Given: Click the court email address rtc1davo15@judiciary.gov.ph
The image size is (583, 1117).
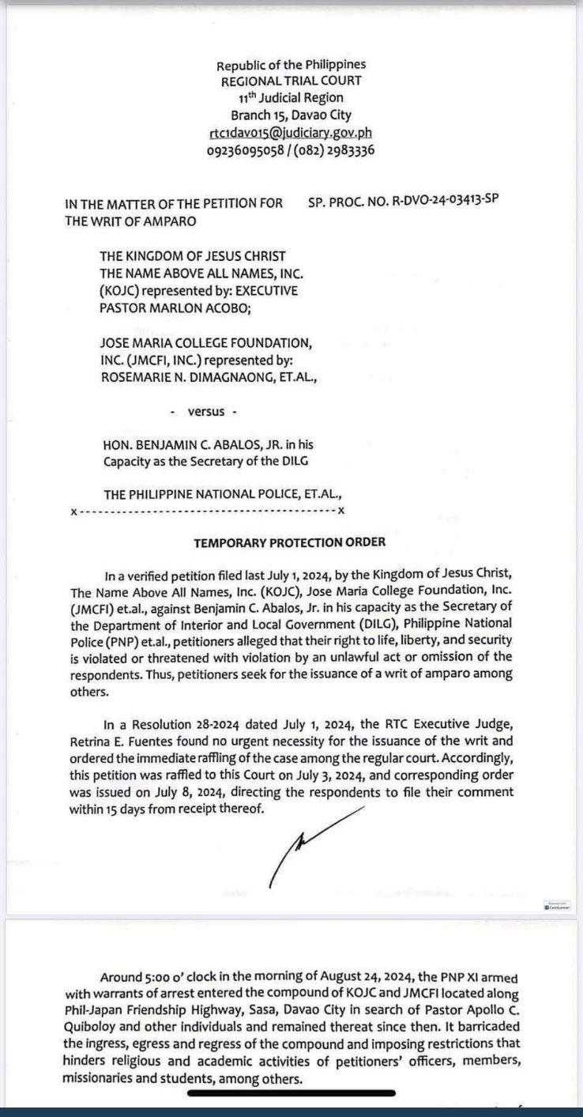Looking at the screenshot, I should [x=291, y=132].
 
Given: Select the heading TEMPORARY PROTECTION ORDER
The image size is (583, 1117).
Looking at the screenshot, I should [x=290, y=542].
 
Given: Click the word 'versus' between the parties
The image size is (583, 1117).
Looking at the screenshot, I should [x=206, y=412].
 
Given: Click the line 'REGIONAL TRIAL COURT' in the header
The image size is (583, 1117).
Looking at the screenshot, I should [x=291, y=81].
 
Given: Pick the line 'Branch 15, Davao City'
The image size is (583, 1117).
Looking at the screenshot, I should [x=291, y=115].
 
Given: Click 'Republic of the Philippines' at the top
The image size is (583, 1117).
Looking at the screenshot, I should [x=291, y=65].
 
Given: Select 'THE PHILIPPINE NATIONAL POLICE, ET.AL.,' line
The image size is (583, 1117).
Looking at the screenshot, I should [x=223, y=495].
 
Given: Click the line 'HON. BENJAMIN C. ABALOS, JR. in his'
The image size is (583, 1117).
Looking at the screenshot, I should [x=208, y=445].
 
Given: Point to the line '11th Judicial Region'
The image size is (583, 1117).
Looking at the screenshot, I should [x=291, y=98].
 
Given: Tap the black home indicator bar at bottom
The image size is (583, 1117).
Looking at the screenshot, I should [x=291, y=1094].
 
